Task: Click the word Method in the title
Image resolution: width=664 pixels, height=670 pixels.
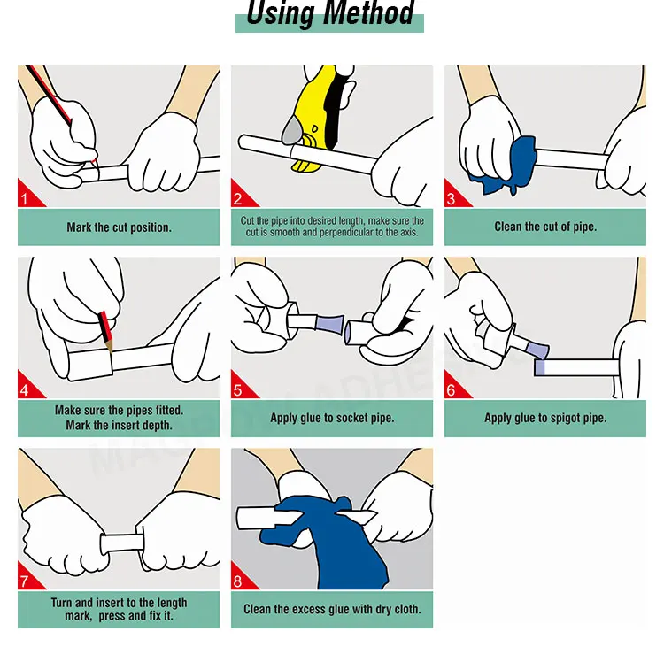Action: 368,12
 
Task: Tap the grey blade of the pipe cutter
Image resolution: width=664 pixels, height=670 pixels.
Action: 292,131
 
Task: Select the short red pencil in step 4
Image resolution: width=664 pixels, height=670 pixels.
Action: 105,331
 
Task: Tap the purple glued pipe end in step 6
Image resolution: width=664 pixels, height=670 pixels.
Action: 540,367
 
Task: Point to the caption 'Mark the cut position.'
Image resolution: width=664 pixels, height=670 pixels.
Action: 119,227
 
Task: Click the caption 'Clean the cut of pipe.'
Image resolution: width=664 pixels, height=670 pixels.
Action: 545,227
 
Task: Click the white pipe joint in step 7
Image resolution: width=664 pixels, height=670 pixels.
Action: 123,542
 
